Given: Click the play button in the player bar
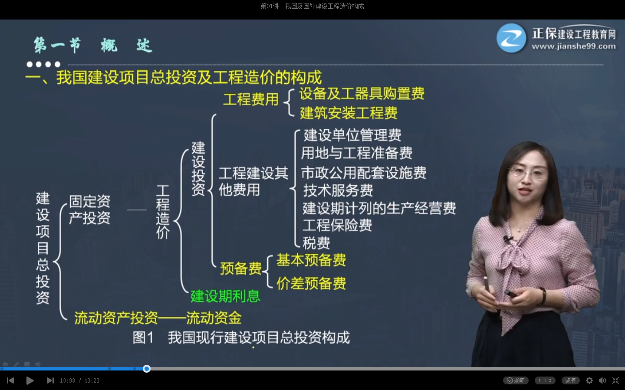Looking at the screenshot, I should (30, 380).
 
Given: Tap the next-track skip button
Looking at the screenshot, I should (50, 380).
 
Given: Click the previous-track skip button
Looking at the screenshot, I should (11, 380).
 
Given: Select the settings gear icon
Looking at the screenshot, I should (589, 380).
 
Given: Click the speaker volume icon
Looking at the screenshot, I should (602, 380).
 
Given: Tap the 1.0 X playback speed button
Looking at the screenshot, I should (545, 380).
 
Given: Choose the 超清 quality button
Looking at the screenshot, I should (570, 380).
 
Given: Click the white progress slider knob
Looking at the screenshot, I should (147, 369).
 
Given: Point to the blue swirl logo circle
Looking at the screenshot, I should (511, 38).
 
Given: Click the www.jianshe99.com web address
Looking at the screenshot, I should (573, 46).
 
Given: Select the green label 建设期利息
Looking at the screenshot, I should (225, 296).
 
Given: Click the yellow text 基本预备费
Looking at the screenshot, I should (311, 260).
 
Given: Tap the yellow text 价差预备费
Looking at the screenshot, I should (311, 283).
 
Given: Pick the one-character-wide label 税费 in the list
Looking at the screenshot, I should (316, 243).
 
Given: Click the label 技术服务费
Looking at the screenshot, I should (338, 190).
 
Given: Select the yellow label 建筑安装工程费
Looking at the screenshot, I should (349, 113).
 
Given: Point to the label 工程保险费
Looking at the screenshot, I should (337, 225).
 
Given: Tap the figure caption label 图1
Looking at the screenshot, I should (143, 338).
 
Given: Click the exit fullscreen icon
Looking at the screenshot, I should (615, 380).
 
